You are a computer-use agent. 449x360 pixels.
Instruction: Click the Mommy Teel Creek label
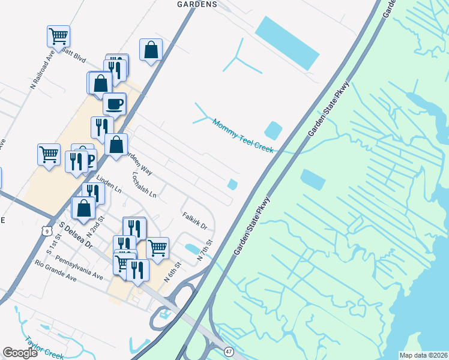click(243, 136)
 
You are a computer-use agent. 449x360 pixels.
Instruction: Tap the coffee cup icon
click(114, 104)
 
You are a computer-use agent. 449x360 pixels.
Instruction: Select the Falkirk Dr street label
click(194, 221)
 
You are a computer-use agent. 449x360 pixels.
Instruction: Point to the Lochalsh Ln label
click(144, 185)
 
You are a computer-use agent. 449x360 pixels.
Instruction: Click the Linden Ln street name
click(109, 184)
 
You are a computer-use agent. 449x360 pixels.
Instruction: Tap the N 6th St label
click(173, 272)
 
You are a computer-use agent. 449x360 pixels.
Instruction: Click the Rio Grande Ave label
click(55, 272)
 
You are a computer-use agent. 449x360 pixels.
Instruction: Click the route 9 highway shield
click(46, 230)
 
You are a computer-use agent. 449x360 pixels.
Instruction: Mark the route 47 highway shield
click(229, 350)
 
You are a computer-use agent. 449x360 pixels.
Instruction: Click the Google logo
click(20, 353)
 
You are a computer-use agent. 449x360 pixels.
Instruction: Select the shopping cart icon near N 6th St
click(157, 247)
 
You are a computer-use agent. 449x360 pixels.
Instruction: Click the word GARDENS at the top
click(197, 4)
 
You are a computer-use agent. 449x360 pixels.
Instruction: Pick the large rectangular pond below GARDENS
click(287, 42)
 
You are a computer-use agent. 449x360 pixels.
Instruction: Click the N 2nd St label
click(97, 225)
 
